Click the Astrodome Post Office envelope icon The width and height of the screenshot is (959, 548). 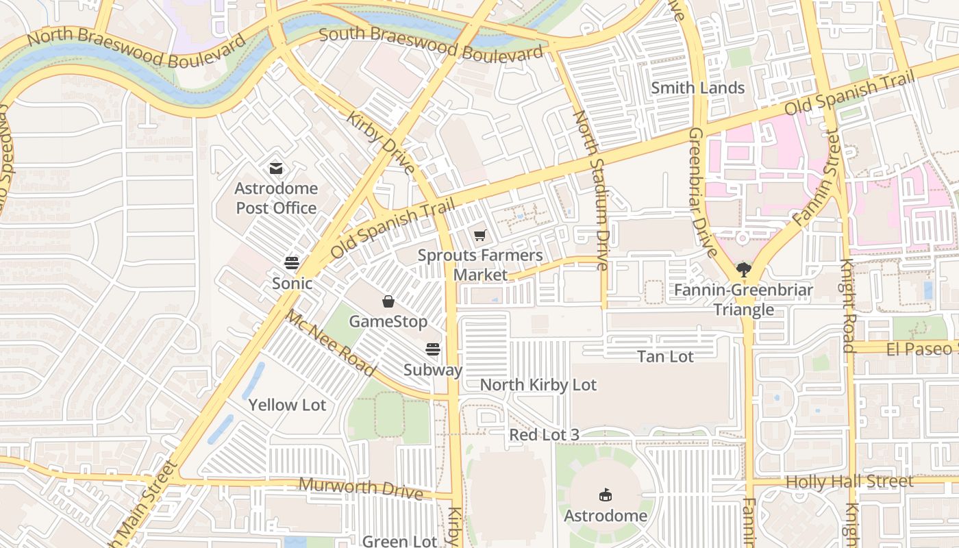(276, 169)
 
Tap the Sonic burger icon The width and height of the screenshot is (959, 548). (292, 263)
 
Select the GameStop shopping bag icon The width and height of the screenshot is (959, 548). (388, 301)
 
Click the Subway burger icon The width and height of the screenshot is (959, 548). (432, 349)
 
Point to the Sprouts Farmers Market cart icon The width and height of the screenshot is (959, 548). (480, 236)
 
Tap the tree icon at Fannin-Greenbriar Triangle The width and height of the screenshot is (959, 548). (743, 270)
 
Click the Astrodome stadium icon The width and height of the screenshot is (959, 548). (606, 495)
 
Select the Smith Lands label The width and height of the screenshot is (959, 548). (697, 88)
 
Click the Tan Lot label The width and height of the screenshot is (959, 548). (665, 356)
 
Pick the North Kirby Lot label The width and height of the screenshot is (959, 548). (538, 385)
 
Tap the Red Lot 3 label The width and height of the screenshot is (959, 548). (544, 435)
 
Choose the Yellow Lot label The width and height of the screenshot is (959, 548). (287, 405)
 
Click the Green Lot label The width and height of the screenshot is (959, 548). (399, 541)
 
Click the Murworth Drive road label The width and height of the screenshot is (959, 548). (360, 488)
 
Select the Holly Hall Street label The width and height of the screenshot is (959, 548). (849, 482)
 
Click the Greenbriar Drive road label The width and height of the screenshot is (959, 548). (702, 192)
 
